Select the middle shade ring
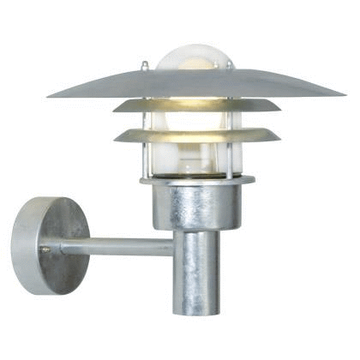tap(146, 106)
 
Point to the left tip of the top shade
tap(50, 95)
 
